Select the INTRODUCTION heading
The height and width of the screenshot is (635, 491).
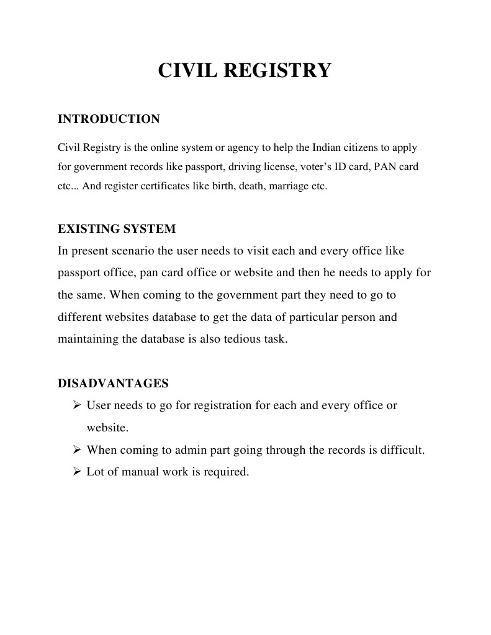(x=109, y=119)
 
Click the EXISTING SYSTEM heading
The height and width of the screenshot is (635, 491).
(x=117, y=229)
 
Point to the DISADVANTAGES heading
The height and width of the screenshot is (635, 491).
(x=113, y=384)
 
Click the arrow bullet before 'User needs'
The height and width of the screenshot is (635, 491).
(x=78, y=406)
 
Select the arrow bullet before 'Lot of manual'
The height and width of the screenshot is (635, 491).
(x=78, y=472)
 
